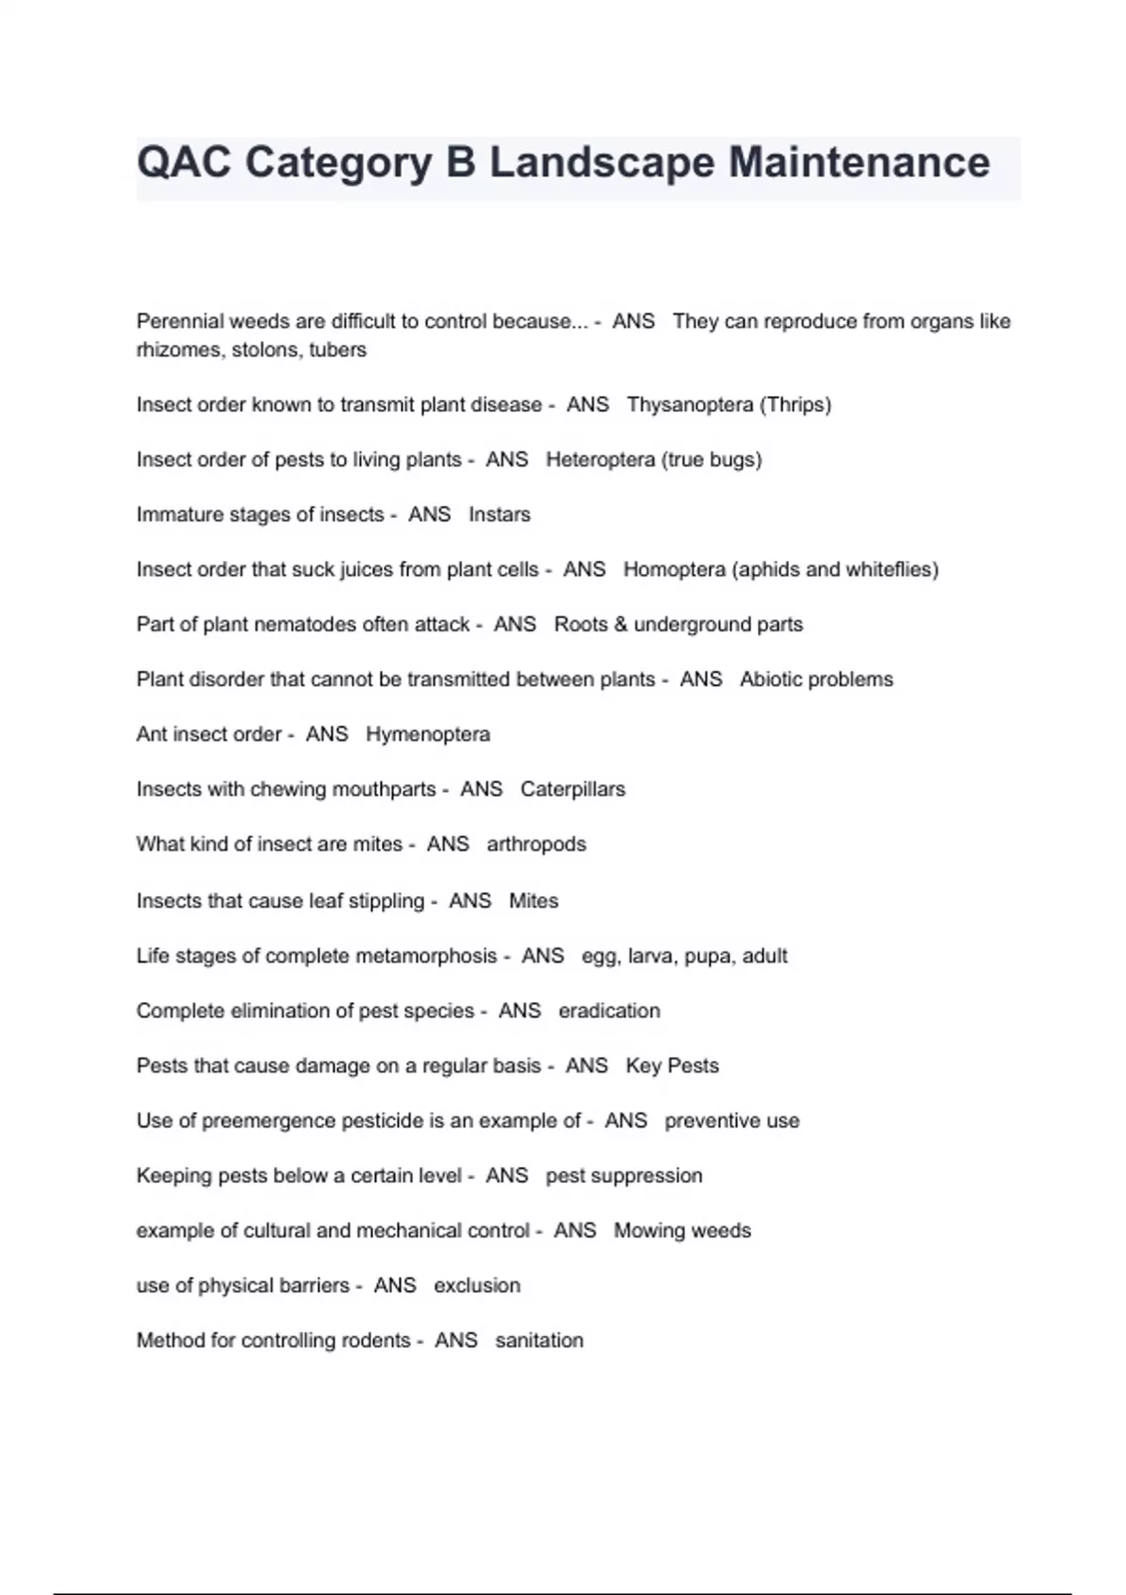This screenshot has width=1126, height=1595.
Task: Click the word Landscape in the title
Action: tap(602, 162)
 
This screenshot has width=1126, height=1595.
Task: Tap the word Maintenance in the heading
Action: tap(859, 162)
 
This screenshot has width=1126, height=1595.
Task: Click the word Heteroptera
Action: tap(601, 460)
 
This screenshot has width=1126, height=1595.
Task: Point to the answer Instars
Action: tap(499, 514)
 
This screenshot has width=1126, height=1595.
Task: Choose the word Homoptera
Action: tap(674, 570)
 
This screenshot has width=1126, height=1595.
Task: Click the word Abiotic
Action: tap(772, 679)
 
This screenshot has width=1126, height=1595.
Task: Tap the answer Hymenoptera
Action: tap(428, 734)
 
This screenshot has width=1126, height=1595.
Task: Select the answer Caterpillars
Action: tap(572, 789)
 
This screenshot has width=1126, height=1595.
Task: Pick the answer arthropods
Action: tap(536, 844)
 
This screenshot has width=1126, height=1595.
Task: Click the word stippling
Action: tap(387, 901)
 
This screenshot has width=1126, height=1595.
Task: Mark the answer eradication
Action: tap(609, 1010)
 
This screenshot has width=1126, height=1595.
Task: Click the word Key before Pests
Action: tap(643, 1066)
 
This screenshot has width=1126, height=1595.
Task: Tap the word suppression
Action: tap(648, 1176)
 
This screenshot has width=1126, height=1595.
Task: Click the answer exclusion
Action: tap(477, 1285)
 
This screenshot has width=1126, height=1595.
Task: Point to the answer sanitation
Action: tap(539, 1340)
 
